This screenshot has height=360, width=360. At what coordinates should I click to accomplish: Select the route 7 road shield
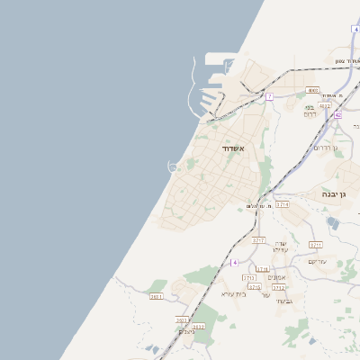[x=269, y=95]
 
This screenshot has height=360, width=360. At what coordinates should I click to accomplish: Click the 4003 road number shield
[x=312, y=90]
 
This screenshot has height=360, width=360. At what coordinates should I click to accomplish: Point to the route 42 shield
[x=337, y=115]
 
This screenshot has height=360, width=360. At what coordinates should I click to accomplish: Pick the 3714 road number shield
[x=283, y=205]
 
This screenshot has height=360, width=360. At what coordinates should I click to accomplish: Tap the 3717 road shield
[x=259, y=241]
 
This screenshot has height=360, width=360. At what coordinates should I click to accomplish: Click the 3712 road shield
[x=279, y=288]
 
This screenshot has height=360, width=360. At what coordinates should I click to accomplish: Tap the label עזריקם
[x=317, y=262]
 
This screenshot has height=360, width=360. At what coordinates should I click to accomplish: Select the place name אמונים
[x=277, y=277]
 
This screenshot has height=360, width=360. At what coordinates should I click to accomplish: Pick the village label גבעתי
[x=283, y=301]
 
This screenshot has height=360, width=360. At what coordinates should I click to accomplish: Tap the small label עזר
[x=265, y=294]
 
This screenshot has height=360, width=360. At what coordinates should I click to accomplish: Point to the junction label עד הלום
[x=257, y=206]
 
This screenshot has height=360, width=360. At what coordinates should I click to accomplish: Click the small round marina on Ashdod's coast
[x=172, y=166]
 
